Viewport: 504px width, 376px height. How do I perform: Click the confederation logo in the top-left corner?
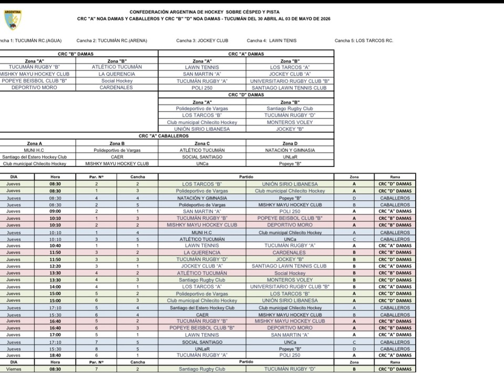(x=13, y=19)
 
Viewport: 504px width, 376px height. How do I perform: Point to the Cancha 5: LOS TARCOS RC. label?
(x=364, y=40)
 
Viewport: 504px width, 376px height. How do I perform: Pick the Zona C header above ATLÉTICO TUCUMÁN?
(x=202, y=143)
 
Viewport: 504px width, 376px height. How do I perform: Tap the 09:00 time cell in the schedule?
(x=55, y=211)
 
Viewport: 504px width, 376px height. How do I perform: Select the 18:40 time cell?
(x=55, y=356)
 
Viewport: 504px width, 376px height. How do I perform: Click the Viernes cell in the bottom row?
(x=14, y=369)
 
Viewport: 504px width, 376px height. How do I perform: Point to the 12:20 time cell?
(x=55, y=266)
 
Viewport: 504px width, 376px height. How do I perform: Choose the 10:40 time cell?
(x=55, y=245)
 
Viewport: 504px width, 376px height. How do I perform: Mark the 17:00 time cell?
(x=55, y=335)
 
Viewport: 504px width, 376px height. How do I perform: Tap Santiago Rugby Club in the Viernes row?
(x=202, y=369)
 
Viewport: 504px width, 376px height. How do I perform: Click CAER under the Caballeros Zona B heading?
(x=117, y=156)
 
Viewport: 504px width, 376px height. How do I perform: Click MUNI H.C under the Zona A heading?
(x=34, y=150)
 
